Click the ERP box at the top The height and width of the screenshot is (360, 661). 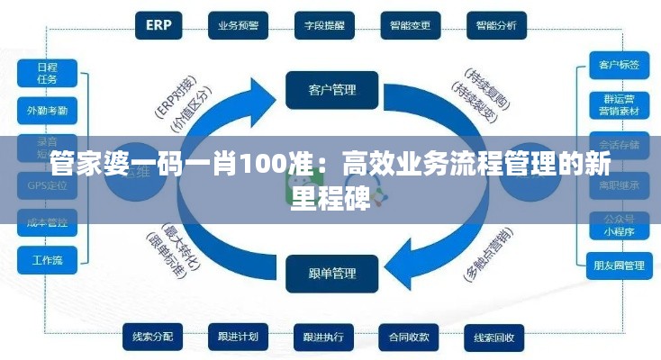tap(159, 25)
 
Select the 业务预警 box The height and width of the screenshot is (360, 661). tap(239, 25)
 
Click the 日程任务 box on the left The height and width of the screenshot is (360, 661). tap(48, 73)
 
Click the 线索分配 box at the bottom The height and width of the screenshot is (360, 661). tap(152, 337)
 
